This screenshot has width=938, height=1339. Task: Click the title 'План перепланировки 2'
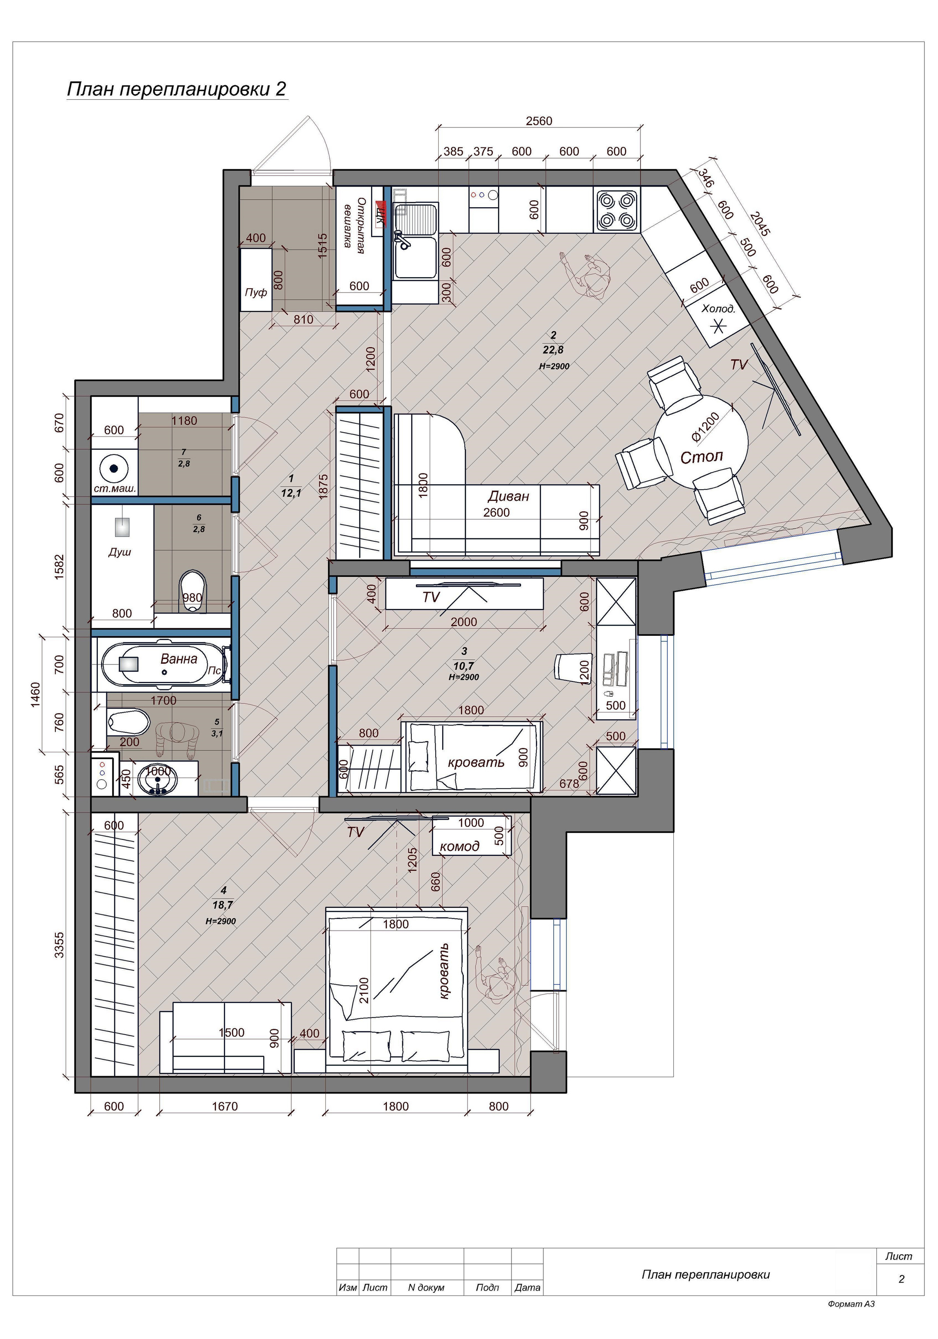click(177, 89)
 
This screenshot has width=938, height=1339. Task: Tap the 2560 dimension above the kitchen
click(538, 121)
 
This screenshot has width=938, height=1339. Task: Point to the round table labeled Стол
click(702, 441)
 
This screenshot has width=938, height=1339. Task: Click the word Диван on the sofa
click(508, 496)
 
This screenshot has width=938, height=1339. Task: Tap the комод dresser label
click(460, 846)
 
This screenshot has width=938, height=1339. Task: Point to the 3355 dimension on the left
click(59, 945)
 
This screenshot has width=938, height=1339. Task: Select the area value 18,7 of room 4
click(224, 905)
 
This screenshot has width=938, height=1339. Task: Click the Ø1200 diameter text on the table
click(706, 426)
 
